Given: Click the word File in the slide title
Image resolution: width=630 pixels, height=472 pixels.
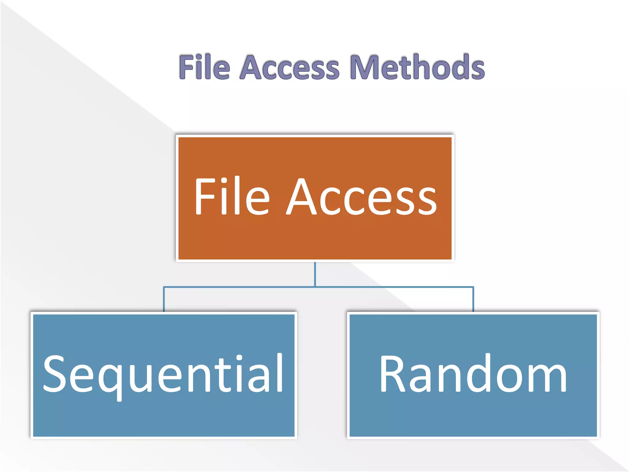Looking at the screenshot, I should click(x=205, y=67).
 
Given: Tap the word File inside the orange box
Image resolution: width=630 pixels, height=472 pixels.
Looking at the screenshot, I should click(x=232, y=197).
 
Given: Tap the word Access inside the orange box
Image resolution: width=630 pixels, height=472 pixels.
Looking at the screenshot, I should click(x=361, y=197).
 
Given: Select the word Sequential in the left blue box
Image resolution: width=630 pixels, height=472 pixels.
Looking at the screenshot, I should click(x=163, y=373).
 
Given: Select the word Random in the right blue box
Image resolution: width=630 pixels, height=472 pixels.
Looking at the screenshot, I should click(x=473, y=373).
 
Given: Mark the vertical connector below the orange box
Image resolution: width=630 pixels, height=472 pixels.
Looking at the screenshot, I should click(x=315, y=273).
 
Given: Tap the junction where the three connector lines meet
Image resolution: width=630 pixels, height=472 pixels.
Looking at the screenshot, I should click(x=315, y=287).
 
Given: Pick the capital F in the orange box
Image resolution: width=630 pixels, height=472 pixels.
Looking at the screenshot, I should click(x=204, y=197).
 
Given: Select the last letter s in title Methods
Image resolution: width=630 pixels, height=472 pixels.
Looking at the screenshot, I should click(x=476, y=69).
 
